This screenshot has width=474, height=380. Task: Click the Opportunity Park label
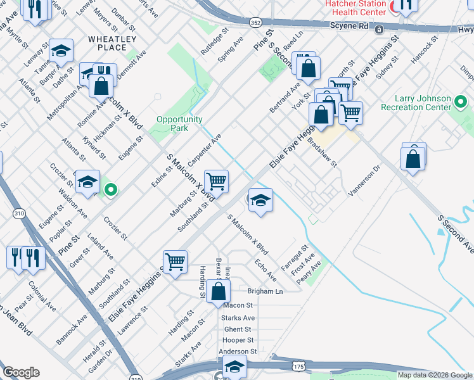coord(179,123)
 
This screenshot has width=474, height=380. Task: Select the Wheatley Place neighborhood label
coord(112,43)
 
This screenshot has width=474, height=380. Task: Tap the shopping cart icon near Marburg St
coord(216,181)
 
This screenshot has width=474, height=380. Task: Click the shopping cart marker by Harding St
coord(174,260)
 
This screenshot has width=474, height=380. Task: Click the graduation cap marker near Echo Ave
coord(260,200)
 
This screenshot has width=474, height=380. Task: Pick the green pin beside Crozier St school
coord(111,189)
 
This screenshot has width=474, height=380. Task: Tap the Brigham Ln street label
coord(265,292)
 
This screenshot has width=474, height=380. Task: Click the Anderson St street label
coord(238,351)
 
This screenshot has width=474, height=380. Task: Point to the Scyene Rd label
coord(349,27)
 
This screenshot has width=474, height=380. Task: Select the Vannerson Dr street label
coord(364,180)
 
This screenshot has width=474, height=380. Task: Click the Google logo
coord(21,372)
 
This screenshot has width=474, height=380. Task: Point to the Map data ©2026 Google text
coord(435,375)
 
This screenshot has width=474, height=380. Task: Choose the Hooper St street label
coord(238,340)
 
